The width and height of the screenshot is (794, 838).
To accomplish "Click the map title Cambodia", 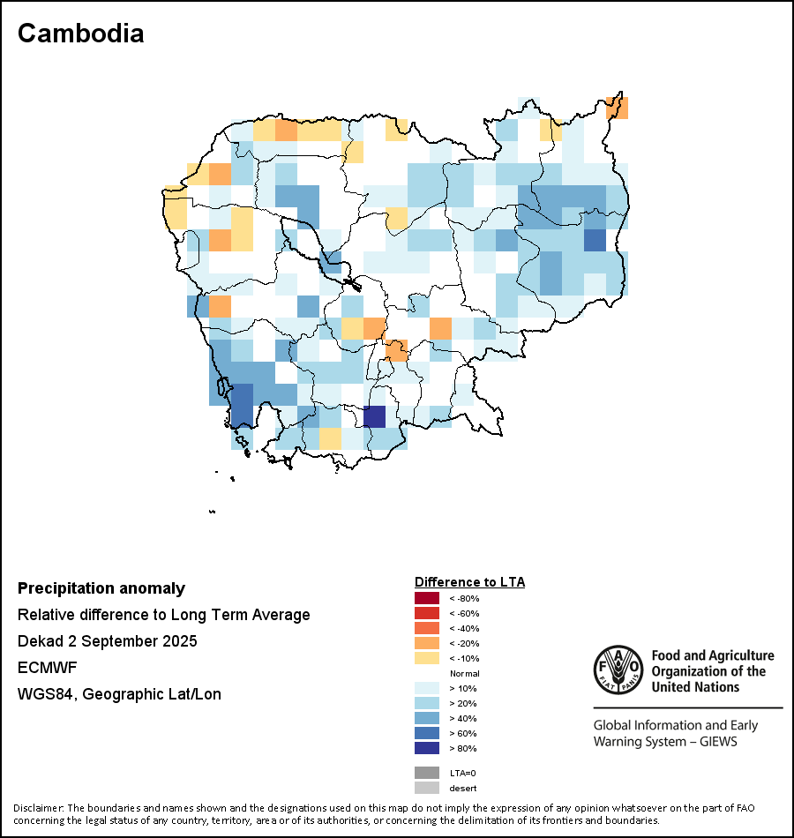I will click(x=80, y=34).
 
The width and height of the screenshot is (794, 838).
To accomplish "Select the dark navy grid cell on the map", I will click(x=375, y=416).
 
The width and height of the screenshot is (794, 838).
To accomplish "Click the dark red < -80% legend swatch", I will click(x=426, y=598).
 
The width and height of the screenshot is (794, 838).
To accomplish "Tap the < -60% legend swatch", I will click(x=426, y=613).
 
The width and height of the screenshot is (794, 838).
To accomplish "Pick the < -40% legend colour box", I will click(x=426, y=628).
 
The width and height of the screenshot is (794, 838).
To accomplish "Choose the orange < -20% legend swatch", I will click(x=426, y=643).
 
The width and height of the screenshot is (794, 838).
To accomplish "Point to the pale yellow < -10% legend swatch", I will click(x=426, y=658).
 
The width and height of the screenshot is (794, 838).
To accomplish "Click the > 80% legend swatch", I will click(x=426, y=748).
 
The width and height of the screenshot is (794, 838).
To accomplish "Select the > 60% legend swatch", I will click(x=426, y=733).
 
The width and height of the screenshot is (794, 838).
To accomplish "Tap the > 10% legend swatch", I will click(x=426, y=688).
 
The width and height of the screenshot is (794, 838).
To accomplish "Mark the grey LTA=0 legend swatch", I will click(x=426, y=773).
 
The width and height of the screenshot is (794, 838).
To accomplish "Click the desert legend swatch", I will click(x=426, y=788).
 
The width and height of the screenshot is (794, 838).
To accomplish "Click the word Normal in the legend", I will click(x=464, y=673).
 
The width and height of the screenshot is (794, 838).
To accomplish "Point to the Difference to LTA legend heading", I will click(x=469, y=582).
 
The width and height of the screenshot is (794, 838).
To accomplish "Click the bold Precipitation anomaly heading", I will click(x=101, y=588).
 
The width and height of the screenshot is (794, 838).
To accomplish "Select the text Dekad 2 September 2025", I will click(x=107, y=641).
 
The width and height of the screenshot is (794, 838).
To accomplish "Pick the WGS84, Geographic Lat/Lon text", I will click(x=119, y=694).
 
